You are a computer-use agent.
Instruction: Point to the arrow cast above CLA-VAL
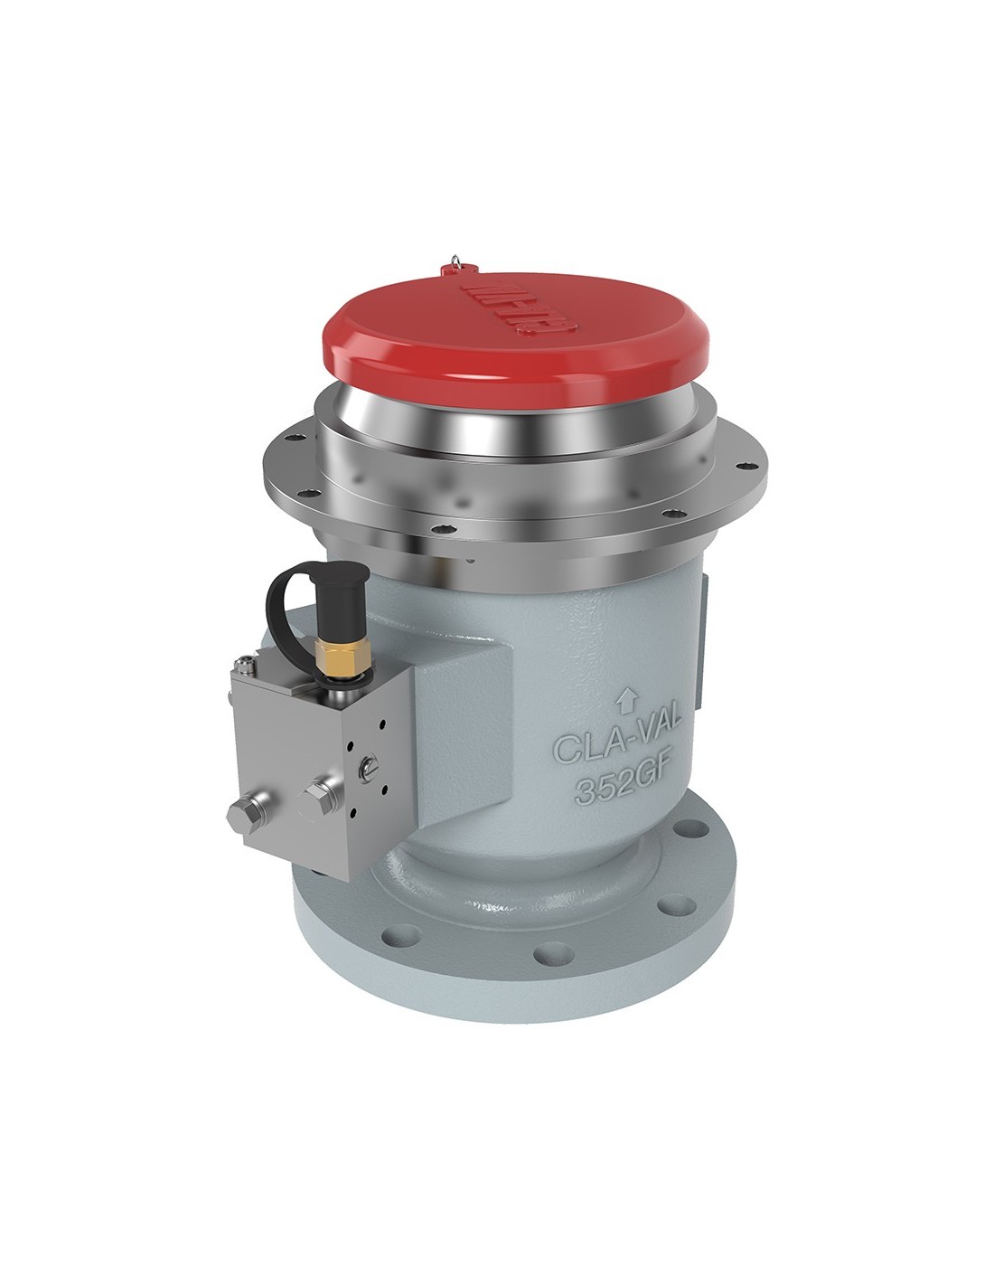point(623,697)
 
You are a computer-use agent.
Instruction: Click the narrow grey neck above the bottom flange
point(506,868)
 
